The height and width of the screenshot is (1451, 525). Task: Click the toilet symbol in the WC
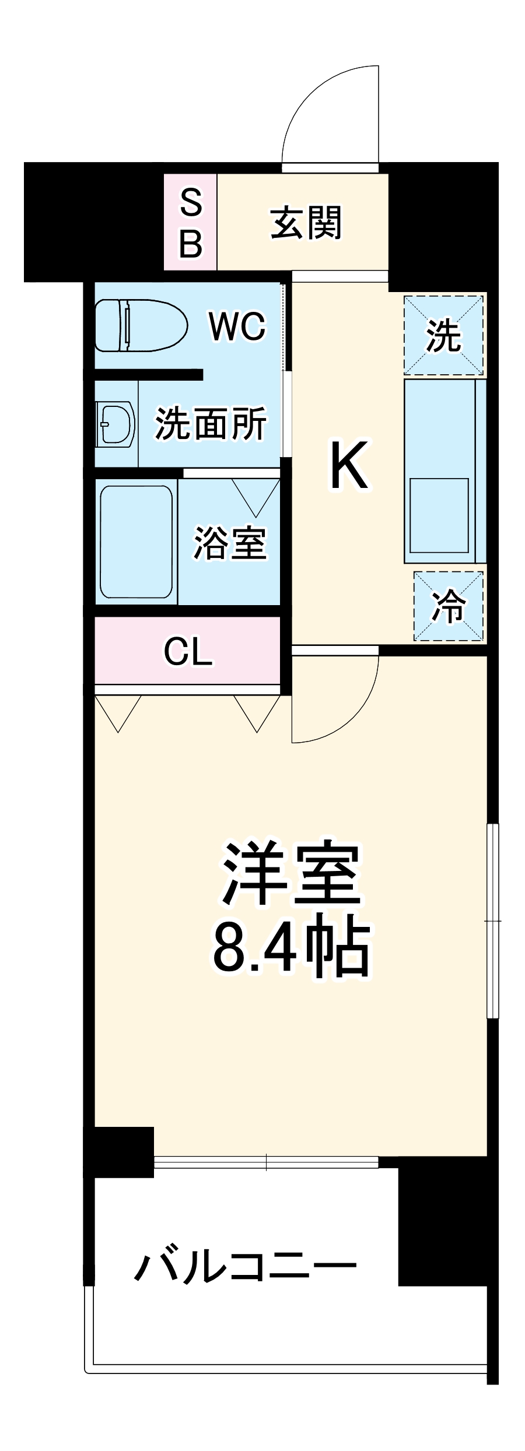tap(140, 325)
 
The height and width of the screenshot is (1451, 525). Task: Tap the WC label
tap(237, 326)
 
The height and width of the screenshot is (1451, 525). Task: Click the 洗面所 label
tap(210, 424)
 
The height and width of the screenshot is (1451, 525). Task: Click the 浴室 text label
tap(230, 543)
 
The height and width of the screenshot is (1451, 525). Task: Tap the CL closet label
tap(188, 651)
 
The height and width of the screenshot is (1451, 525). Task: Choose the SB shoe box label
tap(190, 223)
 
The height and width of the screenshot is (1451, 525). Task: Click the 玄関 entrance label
tap(306, 223)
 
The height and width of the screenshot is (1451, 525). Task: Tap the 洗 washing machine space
tap(443, 336)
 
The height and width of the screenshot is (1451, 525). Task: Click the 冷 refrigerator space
tap(449, 606)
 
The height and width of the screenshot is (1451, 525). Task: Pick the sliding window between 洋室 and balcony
tap(266, 1162)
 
